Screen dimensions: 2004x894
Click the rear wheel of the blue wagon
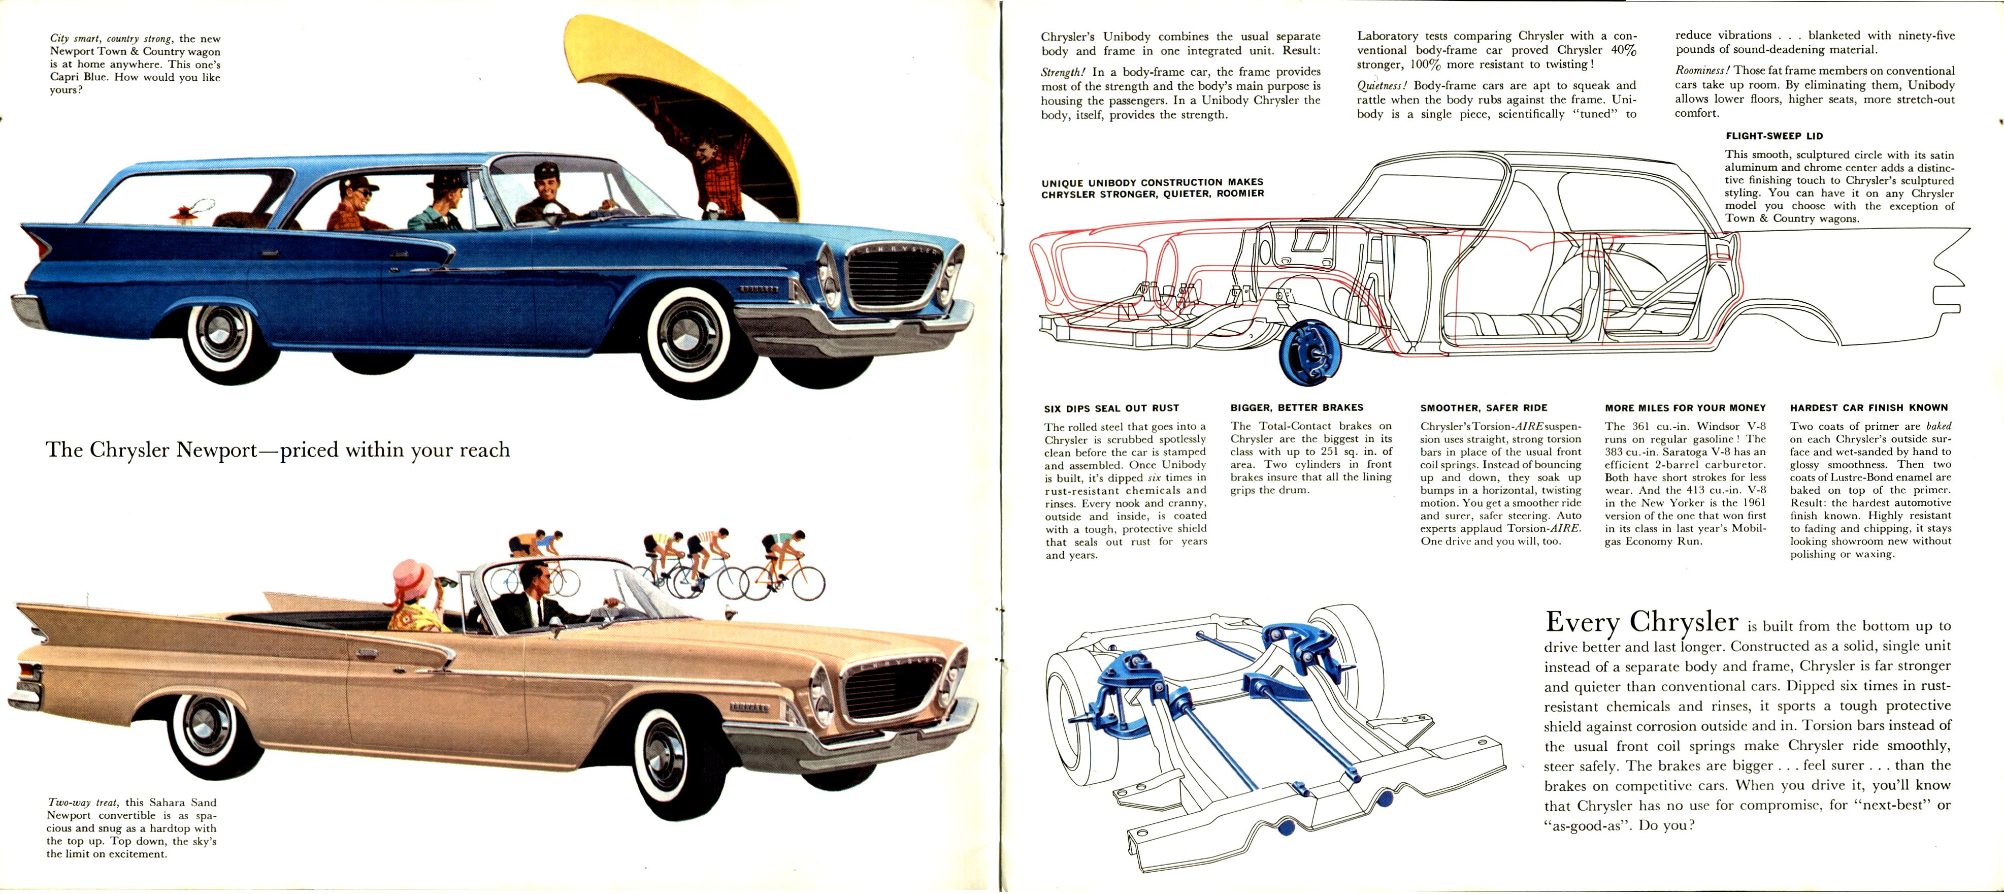pyautogui.click(x=221, y=334)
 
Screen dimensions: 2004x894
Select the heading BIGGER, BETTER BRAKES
pyautogui.click(x=1297, y=408)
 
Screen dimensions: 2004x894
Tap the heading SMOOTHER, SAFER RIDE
pyautogui.click(x=1484, y=408)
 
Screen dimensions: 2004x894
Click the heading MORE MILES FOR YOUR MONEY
pyautogui.click(x=1685, y=408)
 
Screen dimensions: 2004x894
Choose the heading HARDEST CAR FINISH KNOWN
pyautogui.click(x=1868, y=408)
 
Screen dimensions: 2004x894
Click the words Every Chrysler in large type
pyautogui.click(x=1641, y=622)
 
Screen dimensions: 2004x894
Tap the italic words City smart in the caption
pyautogui.click(x=74, y=38)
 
